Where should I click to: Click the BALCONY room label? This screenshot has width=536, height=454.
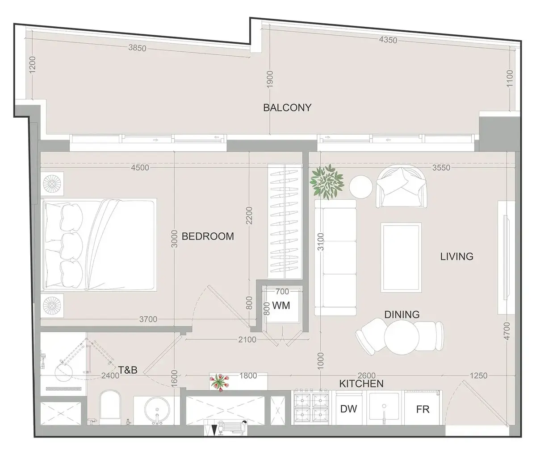[x=287, y=107]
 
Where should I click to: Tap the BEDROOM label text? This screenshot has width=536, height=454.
[x=208, y=236]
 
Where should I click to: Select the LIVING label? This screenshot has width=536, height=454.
[x=456, y=256]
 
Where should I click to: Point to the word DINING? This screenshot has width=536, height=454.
[x=402, y=314]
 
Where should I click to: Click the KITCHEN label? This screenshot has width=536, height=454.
[x=361, y=384]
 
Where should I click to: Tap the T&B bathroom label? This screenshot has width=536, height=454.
[x=128, y=370]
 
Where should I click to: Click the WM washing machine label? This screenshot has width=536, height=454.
[x=281, y=305]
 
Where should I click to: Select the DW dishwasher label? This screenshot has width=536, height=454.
[x=348, y=409]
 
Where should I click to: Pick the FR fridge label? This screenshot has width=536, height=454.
[x=423, y=409]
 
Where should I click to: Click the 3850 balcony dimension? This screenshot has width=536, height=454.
[x=138, y=48]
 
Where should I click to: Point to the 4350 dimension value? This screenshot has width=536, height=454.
[x=388, y=40]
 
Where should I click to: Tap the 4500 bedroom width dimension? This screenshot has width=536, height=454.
[x=140, y=168]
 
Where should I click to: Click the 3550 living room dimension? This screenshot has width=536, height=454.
[x=441, y=168]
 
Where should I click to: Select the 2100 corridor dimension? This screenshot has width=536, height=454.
[x=247, y=339]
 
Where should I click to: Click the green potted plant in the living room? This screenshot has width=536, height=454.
[x=327, y=182]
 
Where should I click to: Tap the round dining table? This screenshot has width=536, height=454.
[x=402, y=337]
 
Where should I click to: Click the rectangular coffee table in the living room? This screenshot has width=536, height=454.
[x=401, y=258]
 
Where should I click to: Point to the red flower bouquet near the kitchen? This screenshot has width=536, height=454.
[x=220, y=382]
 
